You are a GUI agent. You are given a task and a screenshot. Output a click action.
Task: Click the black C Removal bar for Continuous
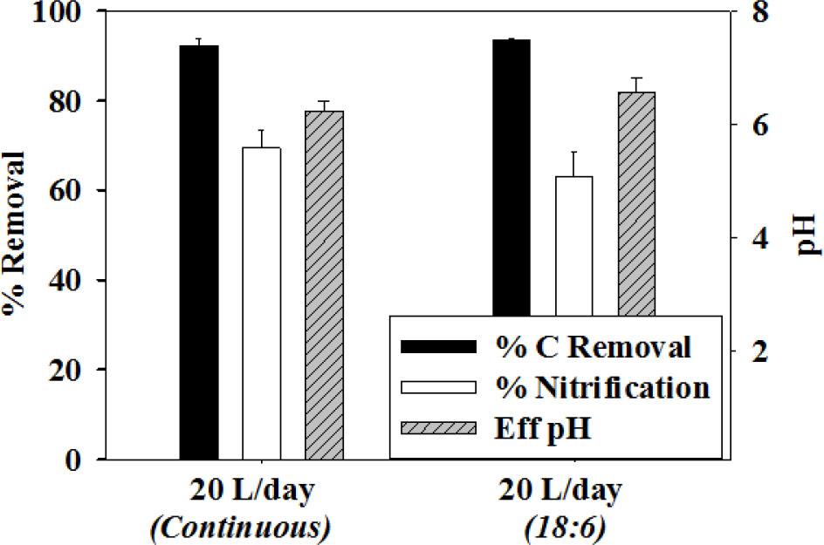pos(199,253)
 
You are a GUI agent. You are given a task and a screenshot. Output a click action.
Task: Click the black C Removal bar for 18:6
pos(512,174)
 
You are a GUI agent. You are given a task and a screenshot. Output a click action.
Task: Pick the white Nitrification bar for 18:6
pos(574,244)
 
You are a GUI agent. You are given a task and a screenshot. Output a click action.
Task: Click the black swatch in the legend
pos(438,346)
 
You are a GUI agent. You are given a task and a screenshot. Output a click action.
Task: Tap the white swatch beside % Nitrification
pos(438,387)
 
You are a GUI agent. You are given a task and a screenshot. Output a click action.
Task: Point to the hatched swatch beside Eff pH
pos(438,428)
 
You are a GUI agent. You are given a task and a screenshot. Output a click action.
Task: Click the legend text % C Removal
pos(594,346)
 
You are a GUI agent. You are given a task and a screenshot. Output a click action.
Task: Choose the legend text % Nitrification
pos(603,387)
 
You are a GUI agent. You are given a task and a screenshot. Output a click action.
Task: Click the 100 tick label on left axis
pos(64,13)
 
